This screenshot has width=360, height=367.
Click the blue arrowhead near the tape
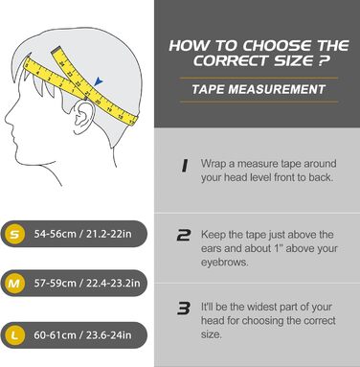pos(99,81)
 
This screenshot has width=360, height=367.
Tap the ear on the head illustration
pos(83,117)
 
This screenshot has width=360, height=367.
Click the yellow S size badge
pos(14,234)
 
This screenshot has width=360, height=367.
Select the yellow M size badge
pos(14,284)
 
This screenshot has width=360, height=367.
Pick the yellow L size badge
pos(14,335)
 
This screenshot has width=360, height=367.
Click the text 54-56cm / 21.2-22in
pos(82,234)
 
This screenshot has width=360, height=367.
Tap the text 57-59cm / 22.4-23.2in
pos(87,284)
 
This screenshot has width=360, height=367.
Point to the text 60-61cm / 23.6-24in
pos(82,335)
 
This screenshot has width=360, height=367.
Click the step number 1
pos(185,166)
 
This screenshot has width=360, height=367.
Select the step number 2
pos(184,236)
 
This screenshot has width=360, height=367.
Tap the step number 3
pos(184,309)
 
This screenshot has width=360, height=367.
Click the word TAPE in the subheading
pos(208,89)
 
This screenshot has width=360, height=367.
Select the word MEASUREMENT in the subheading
pos(277,89)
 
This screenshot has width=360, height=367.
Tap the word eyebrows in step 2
pos(224,263)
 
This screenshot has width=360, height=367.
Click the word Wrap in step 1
pos(214,164)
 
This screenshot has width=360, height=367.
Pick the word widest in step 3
pos(258,307)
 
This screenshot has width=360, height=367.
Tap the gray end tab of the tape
pos(56,50)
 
